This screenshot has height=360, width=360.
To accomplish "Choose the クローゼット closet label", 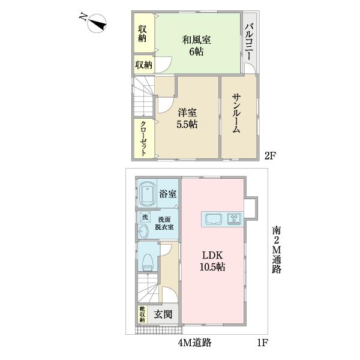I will coord(144,138).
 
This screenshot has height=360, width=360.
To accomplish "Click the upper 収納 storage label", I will coord(143,34).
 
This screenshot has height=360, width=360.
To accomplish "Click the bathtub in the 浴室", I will coord(148,194).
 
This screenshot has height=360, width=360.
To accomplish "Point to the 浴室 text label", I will coord(168,194).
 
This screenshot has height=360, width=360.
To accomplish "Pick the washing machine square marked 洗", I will coord(144,217).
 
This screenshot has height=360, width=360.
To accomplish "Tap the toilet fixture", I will coord(147,259).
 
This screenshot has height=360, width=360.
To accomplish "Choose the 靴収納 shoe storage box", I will coord(143,315).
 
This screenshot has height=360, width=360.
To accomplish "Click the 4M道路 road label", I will coord(195,343).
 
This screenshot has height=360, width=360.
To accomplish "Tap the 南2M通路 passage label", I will coord(276,249).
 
